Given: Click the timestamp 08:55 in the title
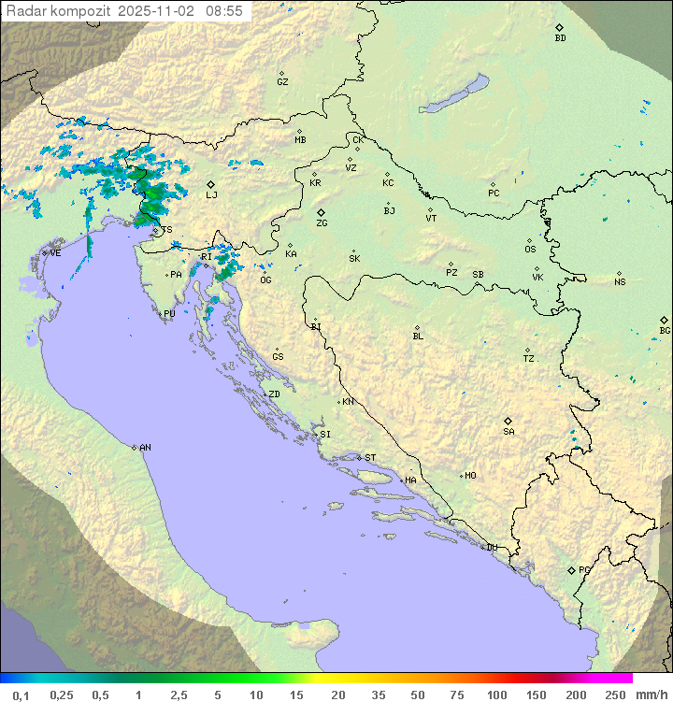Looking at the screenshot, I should [225, 11].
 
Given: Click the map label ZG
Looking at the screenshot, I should [322, 223].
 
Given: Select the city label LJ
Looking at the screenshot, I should [211, 194].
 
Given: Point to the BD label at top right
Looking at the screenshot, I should [560, 38].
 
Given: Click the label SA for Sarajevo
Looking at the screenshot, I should [508, 431].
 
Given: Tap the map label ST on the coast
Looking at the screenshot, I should [370, 458].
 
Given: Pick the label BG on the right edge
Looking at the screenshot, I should [665, 330].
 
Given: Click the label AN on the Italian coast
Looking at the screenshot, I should [145, 448].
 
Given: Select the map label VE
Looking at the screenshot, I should [55, 253].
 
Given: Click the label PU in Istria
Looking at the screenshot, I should [169, 314].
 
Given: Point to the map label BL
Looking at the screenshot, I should [418, 337].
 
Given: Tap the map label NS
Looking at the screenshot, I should [620, 282].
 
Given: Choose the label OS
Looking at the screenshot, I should [530, 250].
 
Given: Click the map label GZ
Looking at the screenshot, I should [282, 81].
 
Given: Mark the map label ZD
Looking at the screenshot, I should [274, 394].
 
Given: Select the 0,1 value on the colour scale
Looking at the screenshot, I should [21, 695].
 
